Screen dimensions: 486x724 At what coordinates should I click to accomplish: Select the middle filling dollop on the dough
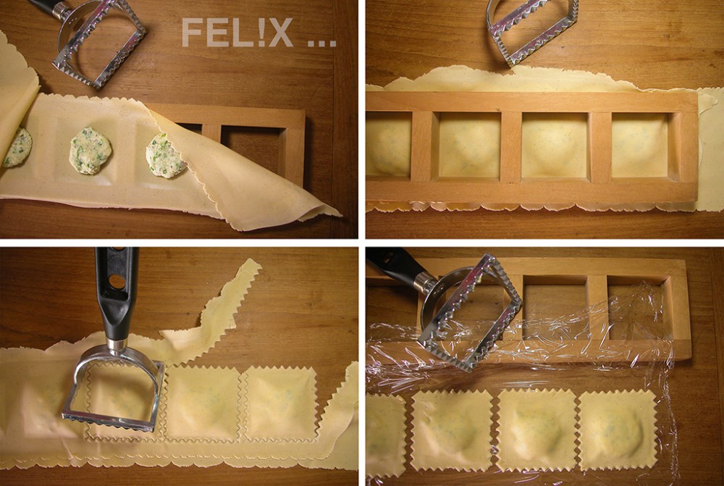click(90, 151)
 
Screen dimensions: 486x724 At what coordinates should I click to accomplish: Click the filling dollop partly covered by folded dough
click(165, 155)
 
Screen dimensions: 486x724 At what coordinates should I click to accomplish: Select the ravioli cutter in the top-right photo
click(532, 29)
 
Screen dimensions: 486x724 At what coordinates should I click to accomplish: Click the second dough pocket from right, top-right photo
click(554, 145)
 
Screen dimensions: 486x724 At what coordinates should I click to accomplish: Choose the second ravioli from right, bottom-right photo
click(536, 431)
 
